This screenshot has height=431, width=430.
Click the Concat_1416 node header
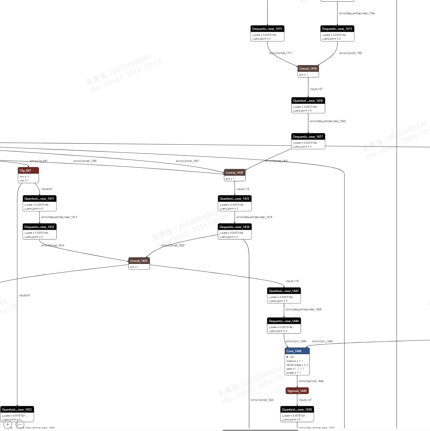click(x=308, y=69)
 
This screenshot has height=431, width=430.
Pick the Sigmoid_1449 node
click(x=297, y=391)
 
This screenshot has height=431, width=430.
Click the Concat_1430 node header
click(x=234, y=173)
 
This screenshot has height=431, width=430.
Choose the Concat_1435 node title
click(x=139, y=261)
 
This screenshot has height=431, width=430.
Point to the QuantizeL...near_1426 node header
click(x=308, y=101)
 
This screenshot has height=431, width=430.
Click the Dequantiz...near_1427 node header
click(x=308, y=137)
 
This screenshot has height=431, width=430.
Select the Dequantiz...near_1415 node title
click(x=267, y=29)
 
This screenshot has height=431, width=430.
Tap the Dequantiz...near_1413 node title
click(x=337, y=29)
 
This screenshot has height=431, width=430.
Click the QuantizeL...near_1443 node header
click(x=284, y=291)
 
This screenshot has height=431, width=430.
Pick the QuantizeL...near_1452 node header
click(x=17, y=410)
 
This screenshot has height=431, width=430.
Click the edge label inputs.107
click(x=316, y=89)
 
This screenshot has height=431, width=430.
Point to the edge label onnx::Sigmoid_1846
click(x=311, y=381)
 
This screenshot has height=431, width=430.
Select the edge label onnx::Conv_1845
click(x=322, y=341)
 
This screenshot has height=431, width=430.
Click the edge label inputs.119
click(x=292, y=281)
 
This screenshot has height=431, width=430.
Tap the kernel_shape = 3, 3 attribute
click(x=297, y=365)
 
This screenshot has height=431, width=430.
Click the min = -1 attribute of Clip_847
click(x=24, y=177)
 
